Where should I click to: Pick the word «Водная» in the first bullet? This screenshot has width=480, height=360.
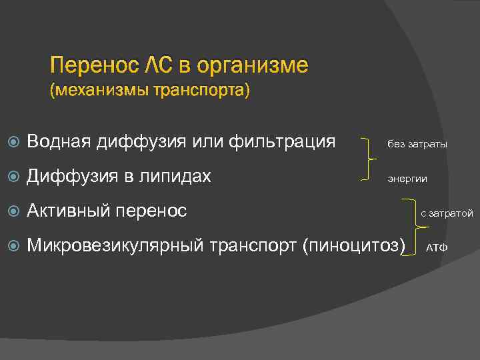point(59,141)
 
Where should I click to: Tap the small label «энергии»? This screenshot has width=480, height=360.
point(408,179)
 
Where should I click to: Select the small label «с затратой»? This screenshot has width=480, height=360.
point(446,213)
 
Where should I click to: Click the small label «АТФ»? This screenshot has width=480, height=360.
point(437,248)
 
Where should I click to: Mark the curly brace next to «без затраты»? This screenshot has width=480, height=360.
point(368,160)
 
